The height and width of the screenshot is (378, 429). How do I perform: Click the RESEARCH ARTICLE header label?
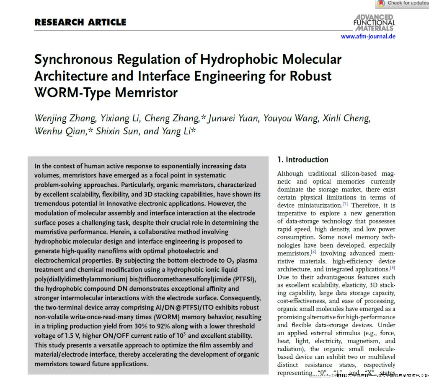[x=80, y=22]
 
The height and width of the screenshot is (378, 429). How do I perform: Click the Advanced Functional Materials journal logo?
[x=374, y=23]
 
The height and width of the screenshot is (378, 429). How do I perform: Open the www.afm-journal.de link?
[x=368, y=36]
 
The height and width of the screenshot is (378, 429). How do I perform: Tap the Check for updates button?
[x=403, y=3]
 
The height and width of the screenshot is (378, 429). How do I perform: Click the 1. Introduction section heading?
[x=303, y=159]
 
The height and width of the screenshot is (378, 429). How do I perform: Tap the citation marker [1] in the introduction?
[x=345, y=204]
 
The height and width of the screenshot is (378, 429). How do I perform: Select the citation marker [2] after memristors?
[x=313, y=252]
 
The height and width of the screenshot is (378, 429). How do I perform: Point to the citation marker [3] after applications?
[x=393, y=268]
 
